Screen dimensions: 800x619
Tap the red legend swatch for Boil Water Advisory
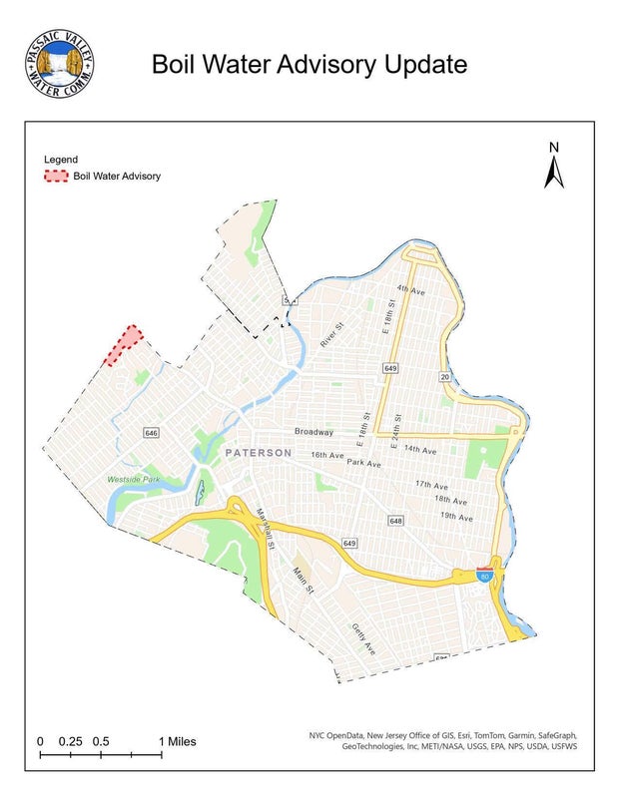56,177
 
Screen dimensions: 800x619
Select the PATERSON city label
259,453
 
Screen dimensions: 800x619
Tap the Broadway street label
313,432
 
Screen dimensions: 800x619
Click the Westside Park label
133,481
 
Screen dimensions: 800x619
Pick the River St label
331,334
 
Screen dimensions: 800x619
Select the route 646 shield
151,433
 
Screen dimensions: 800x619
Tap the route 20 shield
444,376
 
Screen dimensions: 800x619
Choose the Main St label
303,582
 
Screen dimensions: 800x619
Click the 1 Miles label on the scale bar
179,742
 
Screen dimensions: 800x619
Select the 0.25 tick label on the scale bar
70,742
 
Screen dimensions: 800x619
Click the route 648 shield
396,522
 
